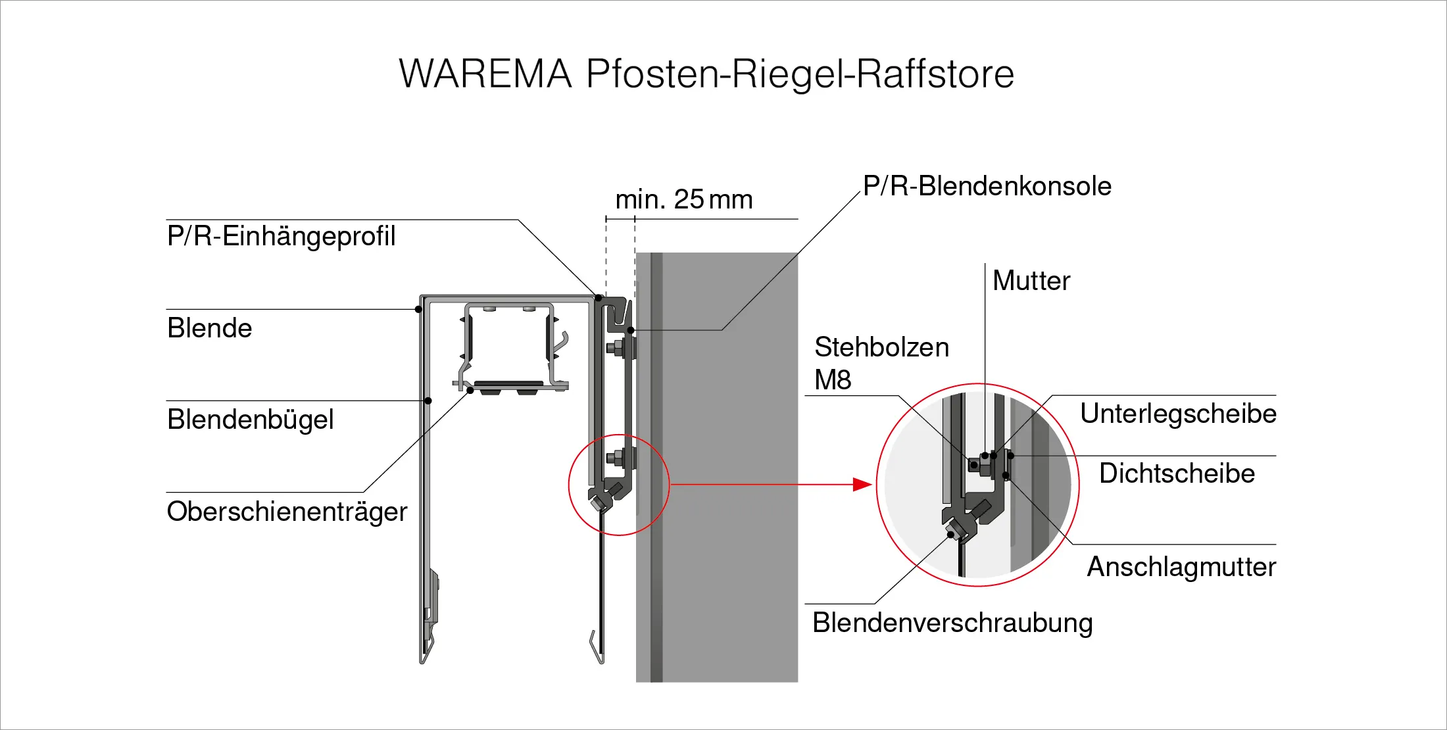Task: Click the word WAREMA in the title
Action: point(485,73)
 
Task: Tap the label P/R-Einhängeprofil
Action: point(282,237)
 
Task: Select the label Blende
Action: point(210,328)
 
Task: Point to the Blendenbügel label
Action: point(251,420)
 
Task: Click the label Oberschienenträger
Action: point(287,511)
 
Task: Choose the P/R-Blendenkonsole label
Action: point(987,186)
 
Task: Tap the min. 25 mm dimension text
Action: point(684,199)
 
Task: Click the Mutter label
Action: point(1031,281)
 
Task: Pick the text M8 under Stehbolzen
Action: point(833,380)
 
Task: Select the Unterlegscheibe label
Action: point(1178,414)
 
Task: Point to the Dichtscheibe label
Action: point(1177,474)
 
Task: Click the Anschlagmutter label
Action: point(1181,567)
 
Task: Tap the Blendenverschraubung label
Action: point(952,623)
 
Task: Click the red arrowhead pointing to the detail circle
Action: point(862,485)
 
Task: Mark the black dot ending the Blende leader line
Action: point(419,309)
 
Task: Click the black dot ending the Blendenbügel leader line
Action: point(428,401)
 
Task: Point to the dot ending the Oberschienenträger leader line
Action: point(470,391)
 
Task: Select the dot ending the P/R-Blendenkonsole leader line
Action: point(631,330)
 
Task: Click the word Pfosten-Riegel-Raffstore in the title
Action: point(800,74)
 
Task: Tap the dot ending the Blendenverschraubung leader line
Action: point(951,535)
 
